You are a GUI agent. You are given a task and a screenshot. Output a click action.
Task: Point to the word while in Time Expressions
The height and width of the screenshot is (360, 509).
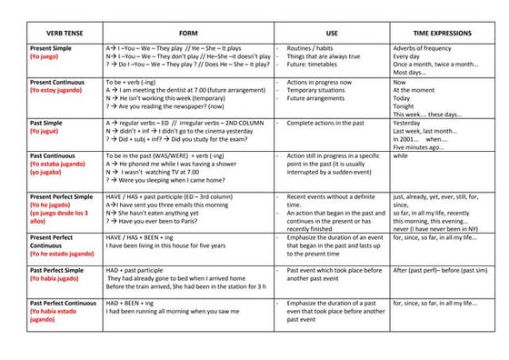pos(401,156)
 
